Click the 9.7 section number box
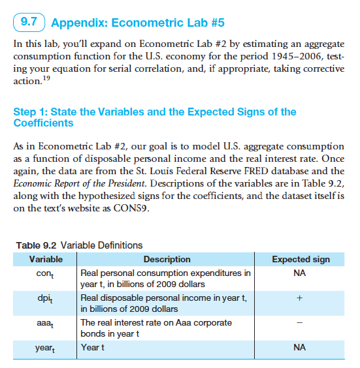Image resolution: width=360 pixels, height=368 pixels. click(28, 23)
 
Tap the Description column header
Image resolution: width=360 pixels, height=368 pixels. click(167, 259)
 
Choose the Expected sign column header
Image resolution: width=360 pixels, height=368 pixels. click(300, 259)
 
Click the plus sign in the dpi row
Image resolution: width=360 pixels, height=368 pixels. click(300, 298)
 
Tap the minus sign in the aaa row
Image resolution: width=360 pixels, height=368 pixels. click(300, 323)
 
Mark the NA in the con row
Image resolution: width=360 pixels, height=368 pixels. click(300, 273)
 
